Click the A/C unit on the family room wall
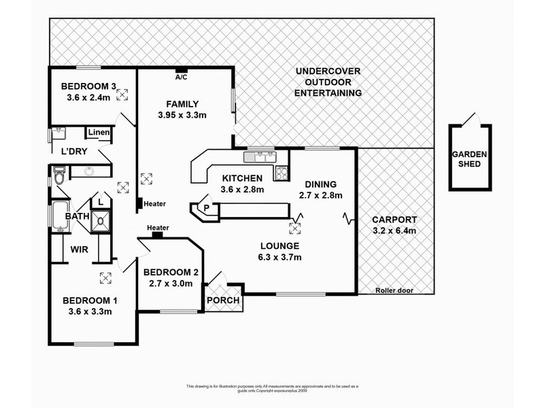pyautogui.click(x=182, y=70)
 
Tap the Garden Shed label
pyautogui.click(x=469, y=158)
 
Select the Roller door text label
pyautogui.click(x=394, y=290)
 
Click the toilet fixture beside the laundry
pyautogui.click(x=59, y=179)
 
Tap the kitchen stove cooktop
pyautogui.click(x=281, y=173)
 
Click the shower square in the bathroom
pyautogui.click(x=101, y=219)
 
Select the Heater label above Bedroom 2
pyautogui.click(x=157, y=228)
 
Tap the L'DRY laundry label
pyautogui.click(x=73, y=151)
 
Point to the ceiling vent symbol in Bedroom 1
pyautogui.click(x=106, y=277)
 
